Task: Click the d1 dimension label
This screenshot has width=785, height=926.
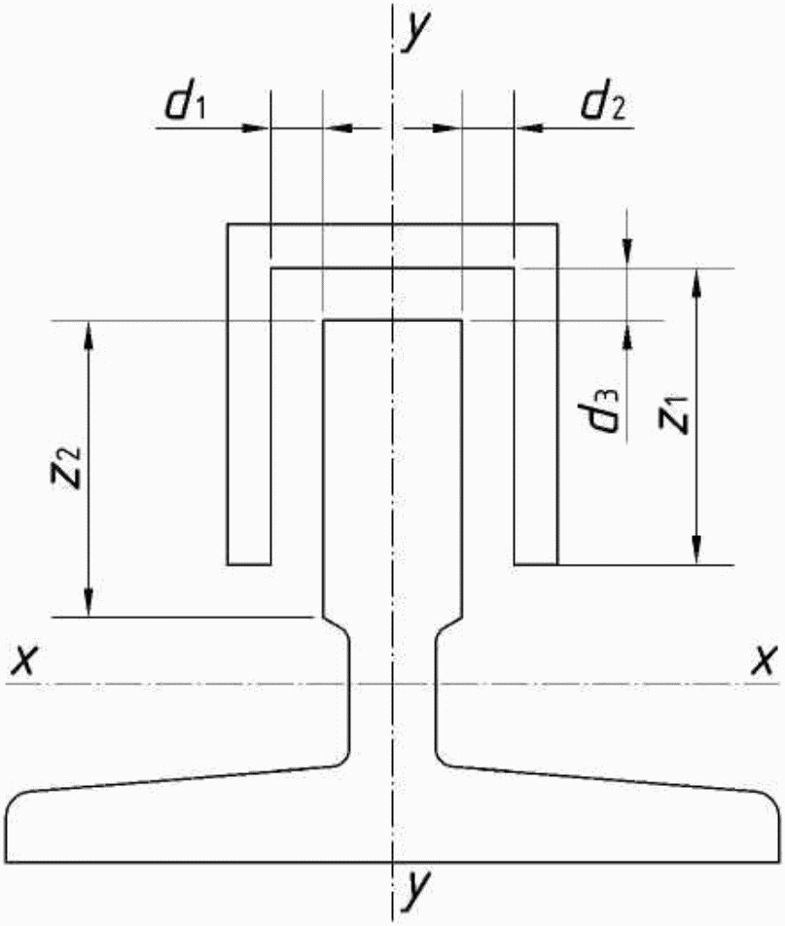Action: (x=185, y=104)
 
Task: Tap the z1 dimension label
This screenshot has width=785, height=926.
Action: (x=673, y=415)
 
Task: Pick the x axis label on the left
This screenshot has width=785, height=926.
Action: (x=22, y=660)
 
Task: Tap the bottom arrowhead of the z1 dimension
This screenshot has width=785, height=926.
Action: (x=696, y=551)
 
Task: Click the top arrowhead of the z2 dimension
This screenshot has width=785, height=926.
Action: (x=89, y=335)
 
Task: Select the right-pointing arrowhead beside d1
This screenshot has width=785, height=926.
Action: (x=257, y=127)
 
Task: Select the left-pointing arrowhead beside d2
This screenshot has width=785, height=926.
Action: (x=527, y=127)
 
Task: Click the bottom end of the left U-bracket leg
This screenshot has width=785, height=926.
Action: (x=249, y=564)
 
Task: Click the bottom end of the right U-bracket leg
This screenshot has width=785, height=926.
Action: (x=536, y=564)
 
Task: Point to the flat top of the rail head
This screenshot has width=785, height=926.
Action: (x=392, y=321)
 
